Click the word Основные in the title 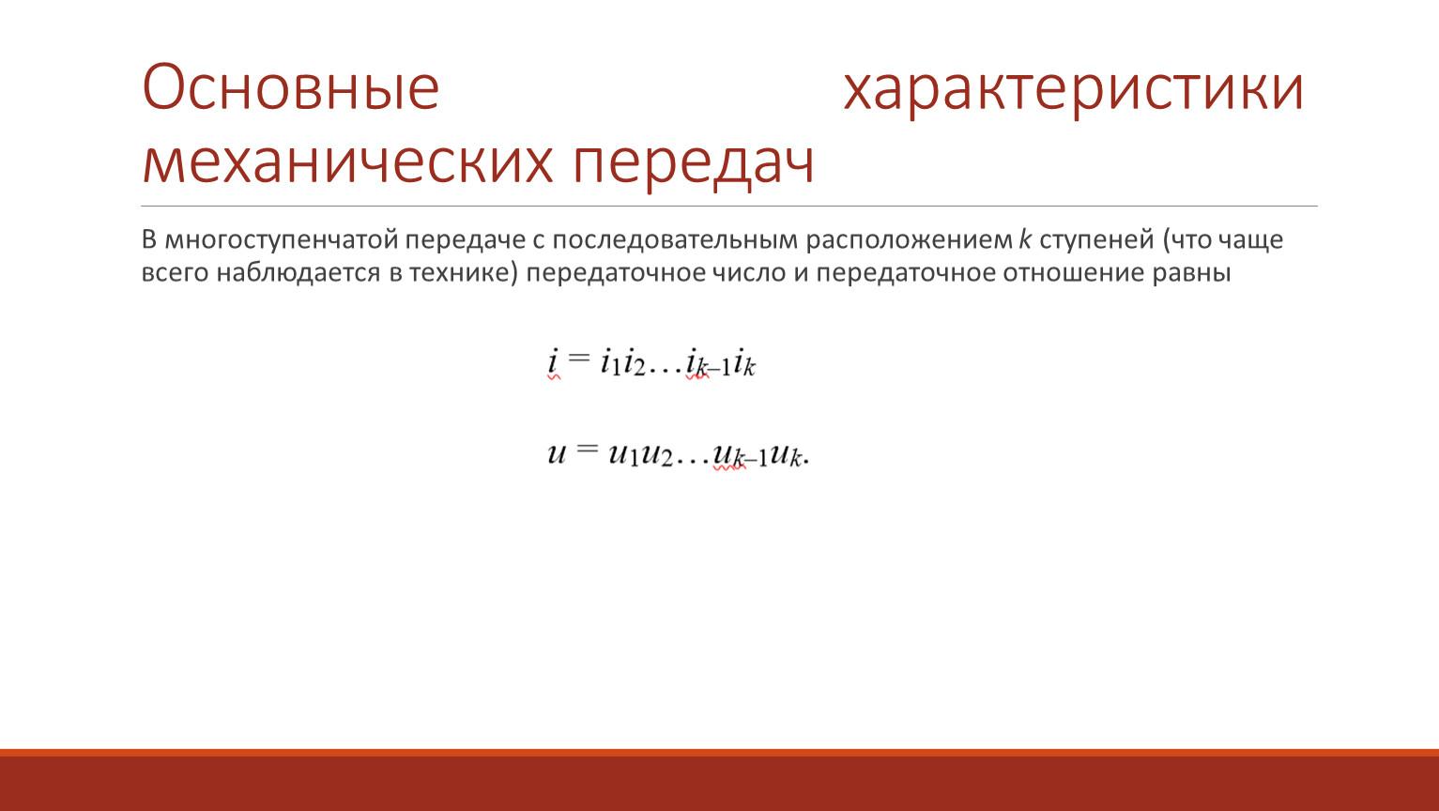coord(290,87)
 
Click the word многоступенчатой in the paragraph coord(282,240)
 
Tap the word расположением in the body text coord(909,240)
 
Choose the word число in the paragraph coord(748,273)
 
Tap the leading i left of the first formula coord(553,360)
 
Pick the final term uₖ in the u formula coord(787,455)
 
